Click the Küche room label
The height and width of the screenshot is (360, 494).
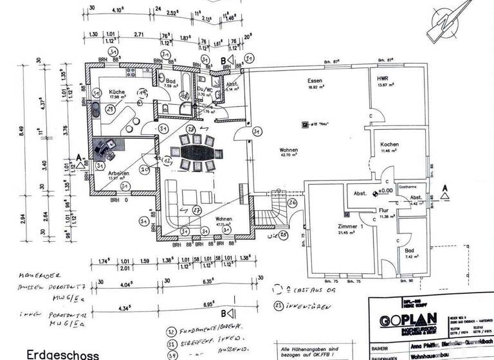(x=116, y=92)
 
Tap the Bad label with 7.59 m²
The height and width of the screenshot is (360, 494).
(x=170, y=81)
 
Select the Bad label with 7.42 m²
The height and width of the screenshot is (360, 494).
(x=409, y=251)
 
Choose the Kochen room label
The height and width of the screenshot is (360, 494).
(x=390, y=145)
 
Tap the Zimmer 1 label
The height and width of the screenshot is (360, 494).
(x=351, y=227)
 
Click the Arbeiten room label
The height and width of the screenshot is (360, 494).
(x=120, y=173)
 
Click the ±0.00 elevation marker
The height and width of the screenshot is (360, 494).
(x=384, y=191)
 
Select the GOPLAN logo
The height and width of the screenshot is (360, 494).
(x=407, y=320)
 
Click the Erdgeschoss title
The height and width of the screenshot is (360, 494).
(x=63, y=354)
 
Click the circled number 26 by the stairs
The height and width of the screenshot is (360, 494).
(x=293, y=204)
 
